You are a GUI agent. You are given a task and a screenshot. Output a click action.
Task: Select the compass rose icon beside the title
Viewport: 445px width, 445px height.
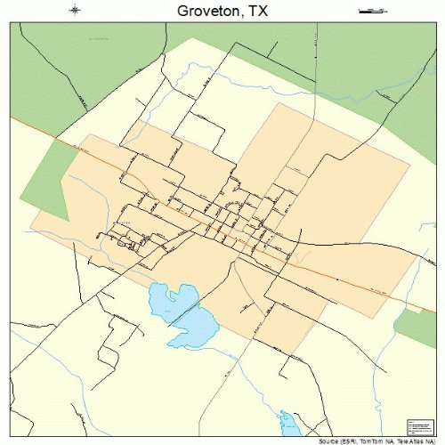tap(75, 11)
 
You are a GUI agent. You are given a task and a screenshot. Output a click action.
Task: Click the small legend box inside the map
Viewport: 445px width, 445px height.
tap(418, 426)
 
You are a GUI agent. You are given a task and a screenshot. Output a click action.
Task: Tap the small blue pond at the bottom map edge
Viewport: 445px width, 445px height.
tap(287, 425)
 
